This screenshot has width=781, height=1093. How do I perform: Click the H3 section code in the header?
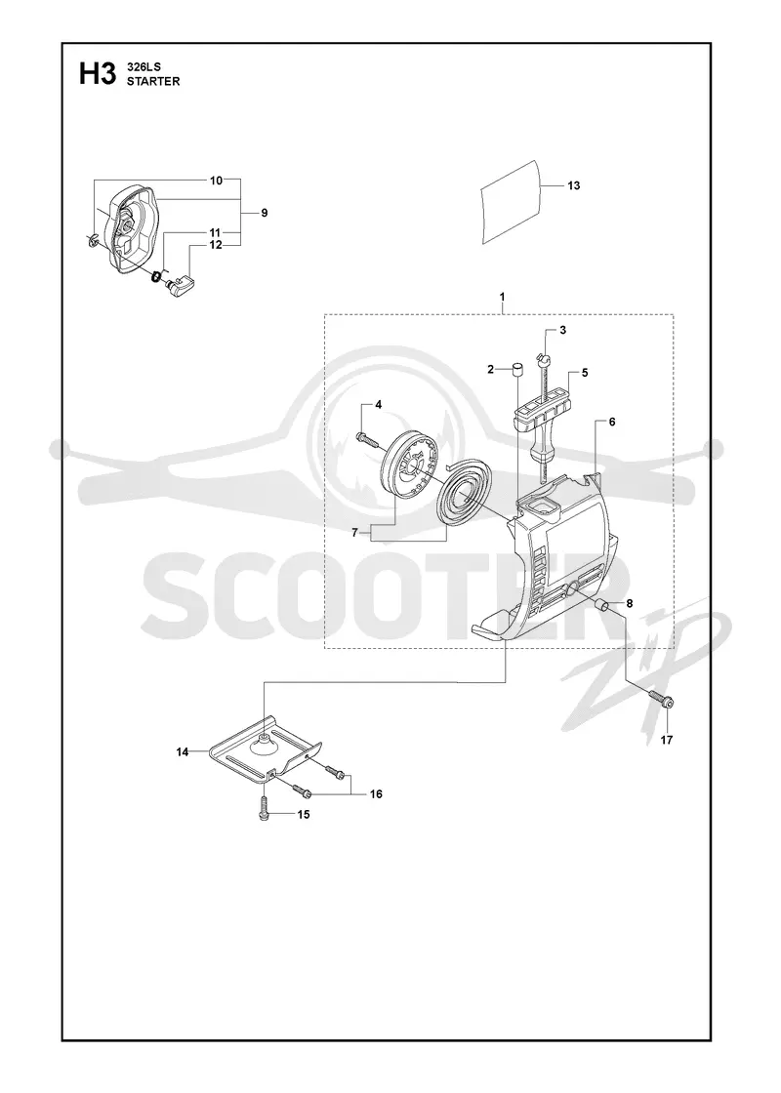pos(97,74)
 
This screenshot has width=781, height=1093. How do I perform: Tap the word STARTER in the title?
pos(153,81)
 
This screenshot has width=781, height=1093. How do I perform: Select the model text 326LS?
pos(143,67)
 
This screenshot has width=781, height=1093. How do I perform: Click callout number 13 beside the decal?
pos(573,185)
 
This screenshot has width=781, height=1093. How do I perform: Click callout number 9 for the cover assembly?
pos(265,213)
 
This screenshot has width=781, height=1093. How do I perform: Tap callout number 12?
pos(216,245)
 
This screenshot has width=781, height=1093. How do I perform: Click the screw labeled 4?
pos(367,438)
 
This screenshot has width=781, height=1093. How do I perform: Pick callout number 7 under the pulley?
pos(355,532)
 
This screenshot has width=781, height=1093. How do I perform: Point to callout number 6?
pos(611,422)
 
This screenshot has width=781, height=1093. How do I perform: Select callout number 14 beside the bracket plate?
pos(183,751)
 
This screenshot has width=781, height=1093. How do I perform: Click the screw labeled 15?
pos(264,809)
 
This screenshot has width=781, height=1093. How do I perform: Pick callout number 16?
pos(376,794)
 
